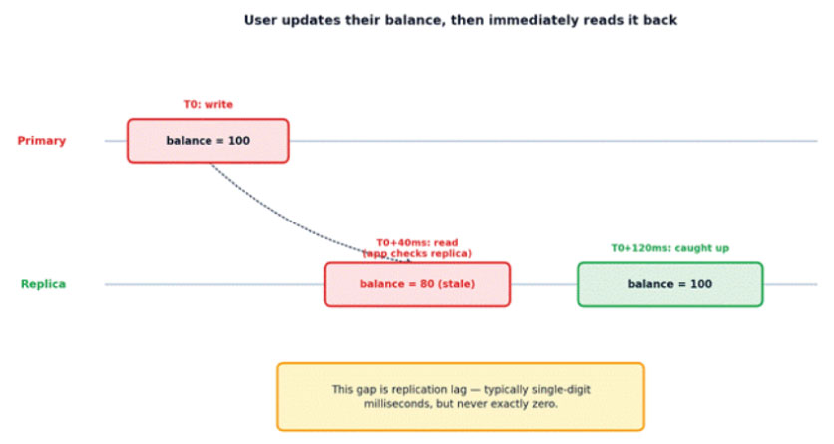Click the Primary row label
(x=42, y=141)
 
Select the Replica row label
(x=43, y=284)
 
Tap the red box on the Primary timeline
(x=208, y=141)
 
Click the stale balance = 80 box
(x=418, y=284)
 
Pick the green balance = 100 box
(x=670, y=284)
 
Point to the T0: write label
(x=208, y=104)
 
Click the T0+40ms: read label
(x=418, y=243)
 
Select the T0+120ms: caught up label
(x=669, y=248)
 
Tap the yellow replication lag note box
(x=461, y=397)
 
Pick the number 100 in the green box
(x=701, y=284)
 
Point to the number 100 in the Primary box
(x=238, y=141)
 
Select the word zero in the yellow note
(x=545, y=404)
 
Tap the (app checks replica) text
(x=417, y=254)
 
